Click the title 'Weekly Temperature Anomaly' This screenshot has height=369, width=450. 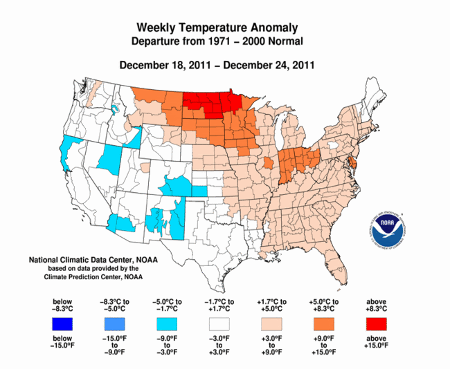pyautogui.click(x=217, y=28)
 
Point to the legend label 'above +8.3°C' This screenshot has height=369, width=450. pyautogui.click(x=374, y=305)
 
